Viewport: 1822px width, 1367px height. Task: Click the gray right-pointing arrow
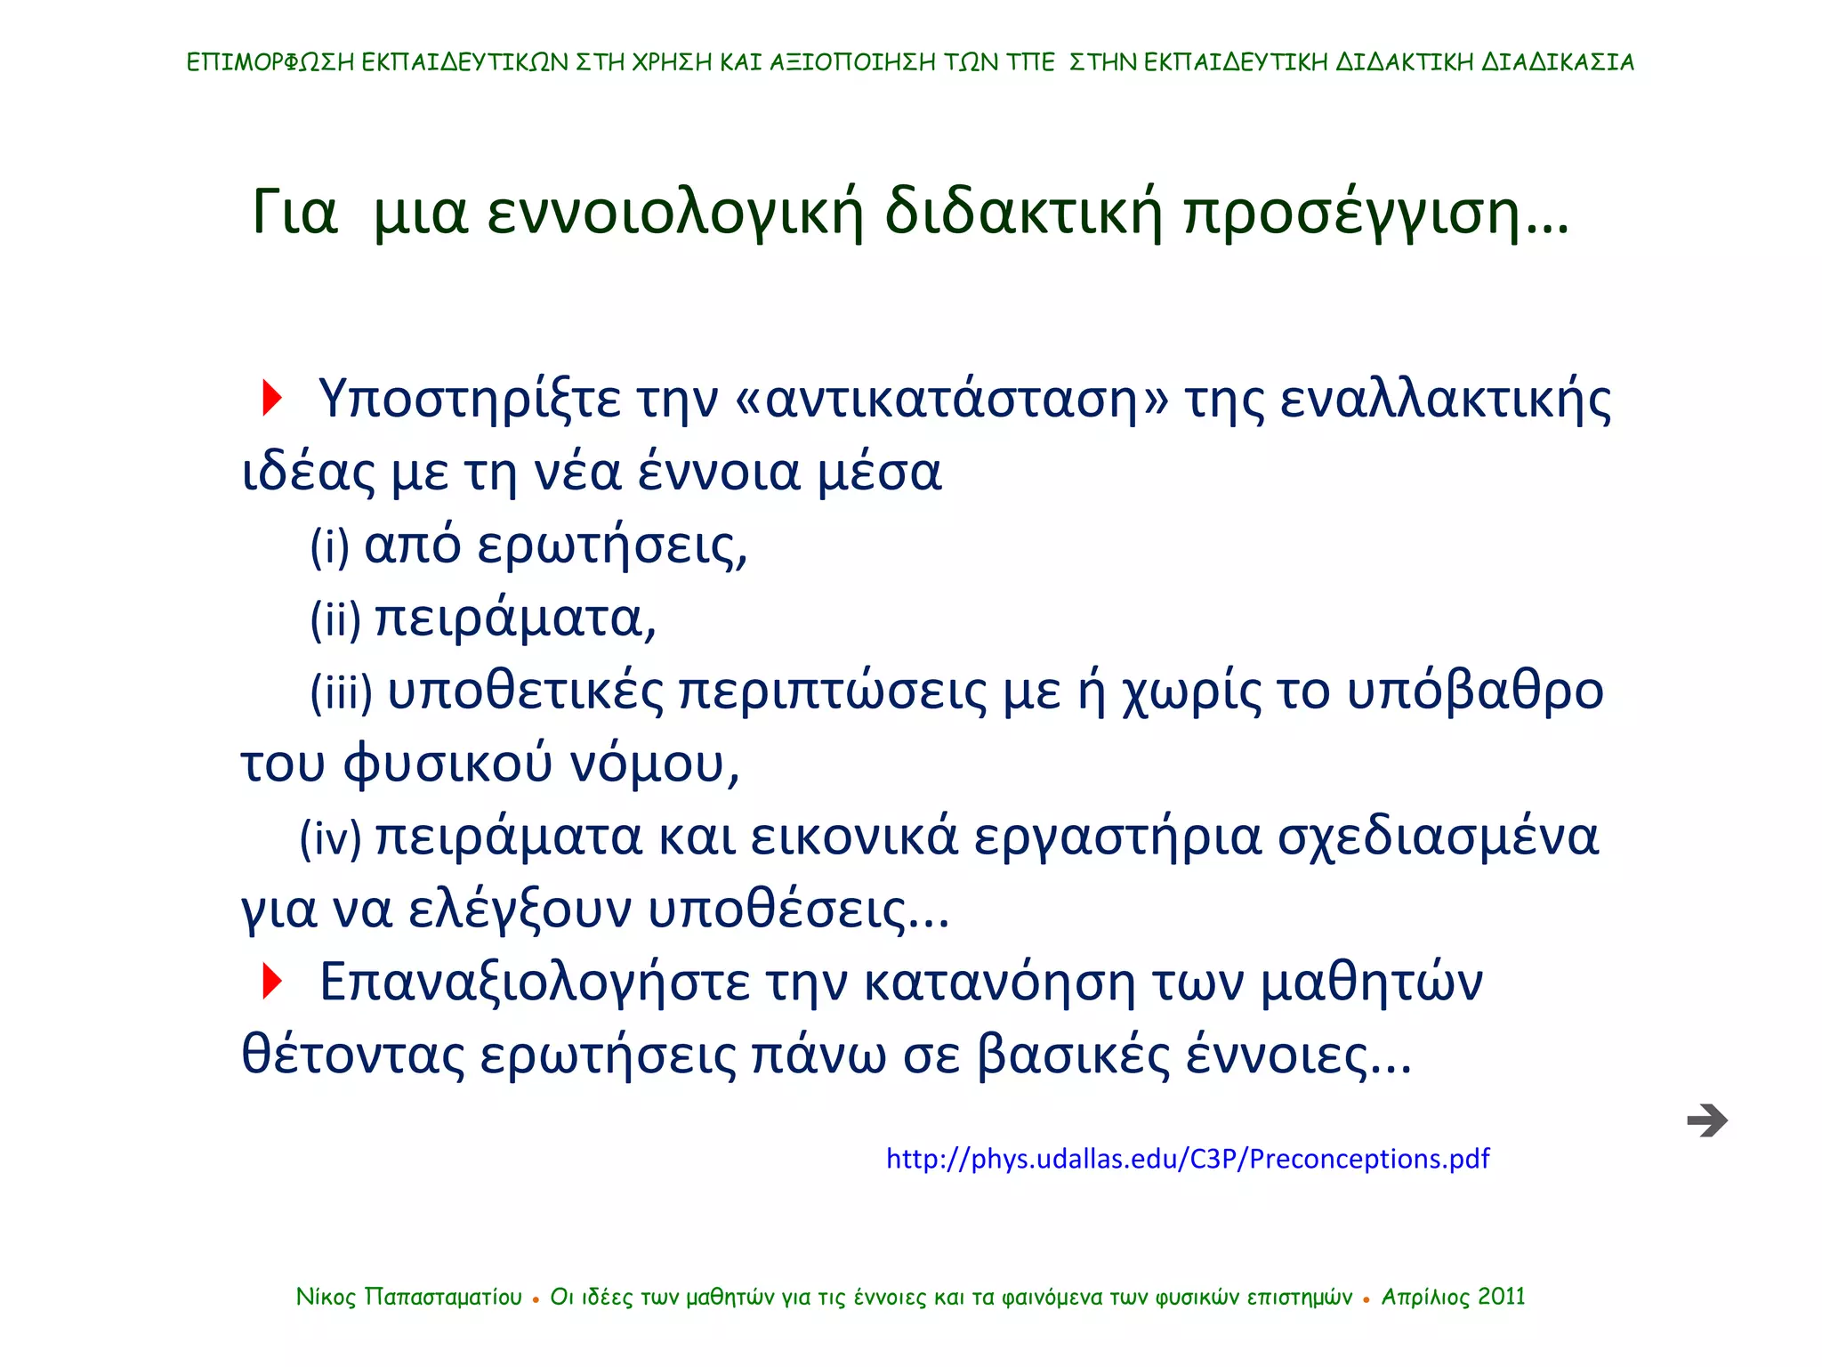tap(1706, 1120)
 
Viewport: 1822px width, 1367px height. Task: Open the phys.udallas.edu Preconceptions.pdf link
tap(1187, 1159)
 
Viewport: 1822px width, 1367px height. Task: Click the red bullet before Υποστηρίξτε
tap(271, 398)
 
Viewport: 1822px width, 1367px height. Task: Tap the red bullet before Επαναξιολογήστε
tap(271, 981)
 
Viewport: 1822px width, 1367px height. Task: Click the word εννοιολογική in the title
tap(675, 214)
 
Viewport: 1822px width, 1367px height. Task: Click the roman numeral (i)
tap(329, 546)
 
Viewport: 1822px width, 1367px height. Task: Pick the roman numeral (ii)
tap(335, 619)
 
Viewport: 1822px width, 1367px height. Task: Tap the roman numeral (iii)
tap(341, 692)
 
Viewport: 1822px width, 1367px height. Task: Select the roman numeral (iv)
tap(330, 837)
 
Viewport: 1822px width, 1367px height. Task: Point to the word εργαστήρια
tap(1117, 837)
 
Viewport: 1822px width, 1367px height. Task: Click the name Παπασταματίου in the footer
tap(443, 1298)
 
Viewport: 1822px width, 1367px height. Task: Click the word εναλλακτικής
tap(1445, 400)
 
